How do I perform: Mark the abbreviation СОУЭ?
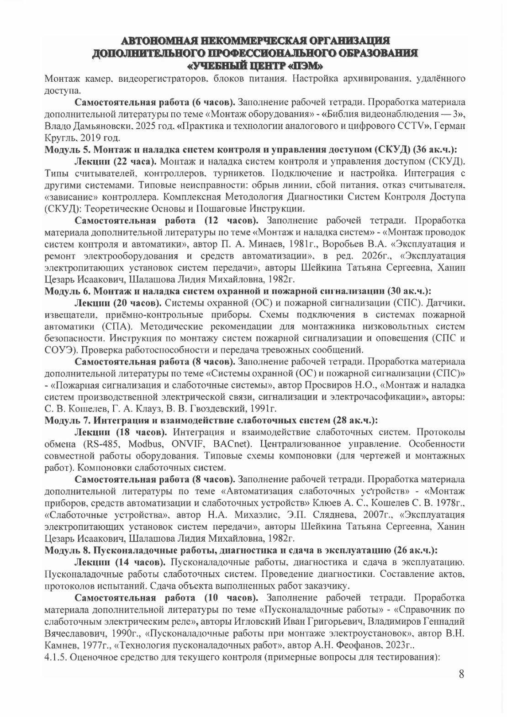click(x=58, y=350)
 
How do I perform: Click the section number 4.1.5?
click(x=56, y=657)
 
